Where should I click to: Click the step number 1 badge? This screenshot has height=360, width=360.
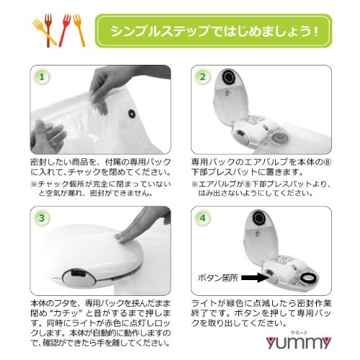pyautogui.click(x=42, y=77)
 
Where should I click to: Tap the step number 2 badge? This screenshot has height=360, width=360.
pyautogui.click(x=203, y=77)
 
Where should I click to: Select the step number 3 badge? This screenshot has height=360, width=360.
pyautogui.click(x=42, y=218)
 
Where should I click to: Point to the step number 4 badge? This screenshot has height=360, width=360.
pyautogui.click(x=203, y=218)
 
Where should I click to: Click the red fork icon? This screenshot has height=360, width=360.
pyautogui.click(x=65, y=30)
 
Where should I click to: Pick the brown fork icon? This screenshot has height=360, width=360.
pyautogui.click(x=48, y=30)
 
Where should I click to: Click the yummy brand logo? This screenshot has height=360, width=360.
pyautogui.click(x=298, y=341)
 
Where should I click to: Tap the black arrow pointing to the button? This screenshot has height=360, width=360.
pyautogui.click(x=253, y=278)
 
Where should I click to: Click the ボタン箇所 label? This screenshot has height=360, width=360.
pyautogui.click(x=217, y=278)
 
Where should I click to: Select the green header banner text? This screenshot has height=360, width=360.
pyautogui.click(x=214, y=31)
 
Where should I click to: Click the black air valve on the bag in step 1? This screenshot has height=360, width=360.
pyautogui.click(x=132, y=114)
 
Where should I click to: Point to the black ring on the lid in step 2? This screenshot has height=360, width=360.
pyautogui.click(x=229, y=77)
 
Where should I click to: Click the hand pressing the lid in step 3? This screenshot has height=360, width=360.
pyautogui.click(x=144, y=225)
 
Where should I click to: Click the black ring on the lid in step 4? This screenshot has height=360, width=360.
pyautogui.click(x=258, y=218)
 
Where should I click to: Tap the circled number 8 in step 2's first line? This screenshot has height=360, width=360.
pyautogui.click(x=328, y=163)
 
